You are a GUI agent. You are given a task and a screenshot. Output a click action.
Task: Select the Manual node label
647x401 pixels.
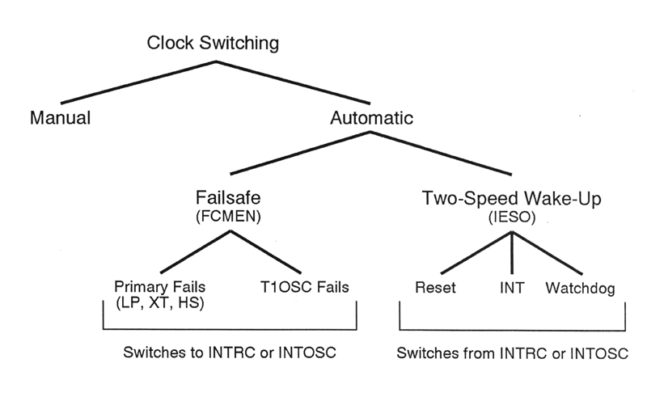click(60, 118)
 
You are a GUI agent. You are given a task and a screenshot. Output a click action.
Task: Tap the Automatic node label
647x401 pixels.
click(372, 118)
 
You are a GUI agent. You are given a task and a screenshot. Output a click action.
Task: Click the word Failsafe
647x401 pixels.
click(231, 196)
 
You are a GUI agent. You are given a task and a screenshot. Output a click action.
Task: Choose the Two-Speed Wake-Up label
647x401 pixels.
click(513, 196)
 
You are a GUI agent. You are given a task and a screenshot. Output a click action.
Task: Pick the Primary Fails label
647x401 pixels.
click(161, 287)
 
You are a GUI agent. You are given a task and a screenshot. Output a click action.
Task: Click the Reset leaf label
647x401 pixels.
click(436, 288)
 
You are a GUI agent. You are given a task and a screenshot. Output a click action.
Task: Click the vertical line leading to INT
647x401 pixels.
click(511, 251)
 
